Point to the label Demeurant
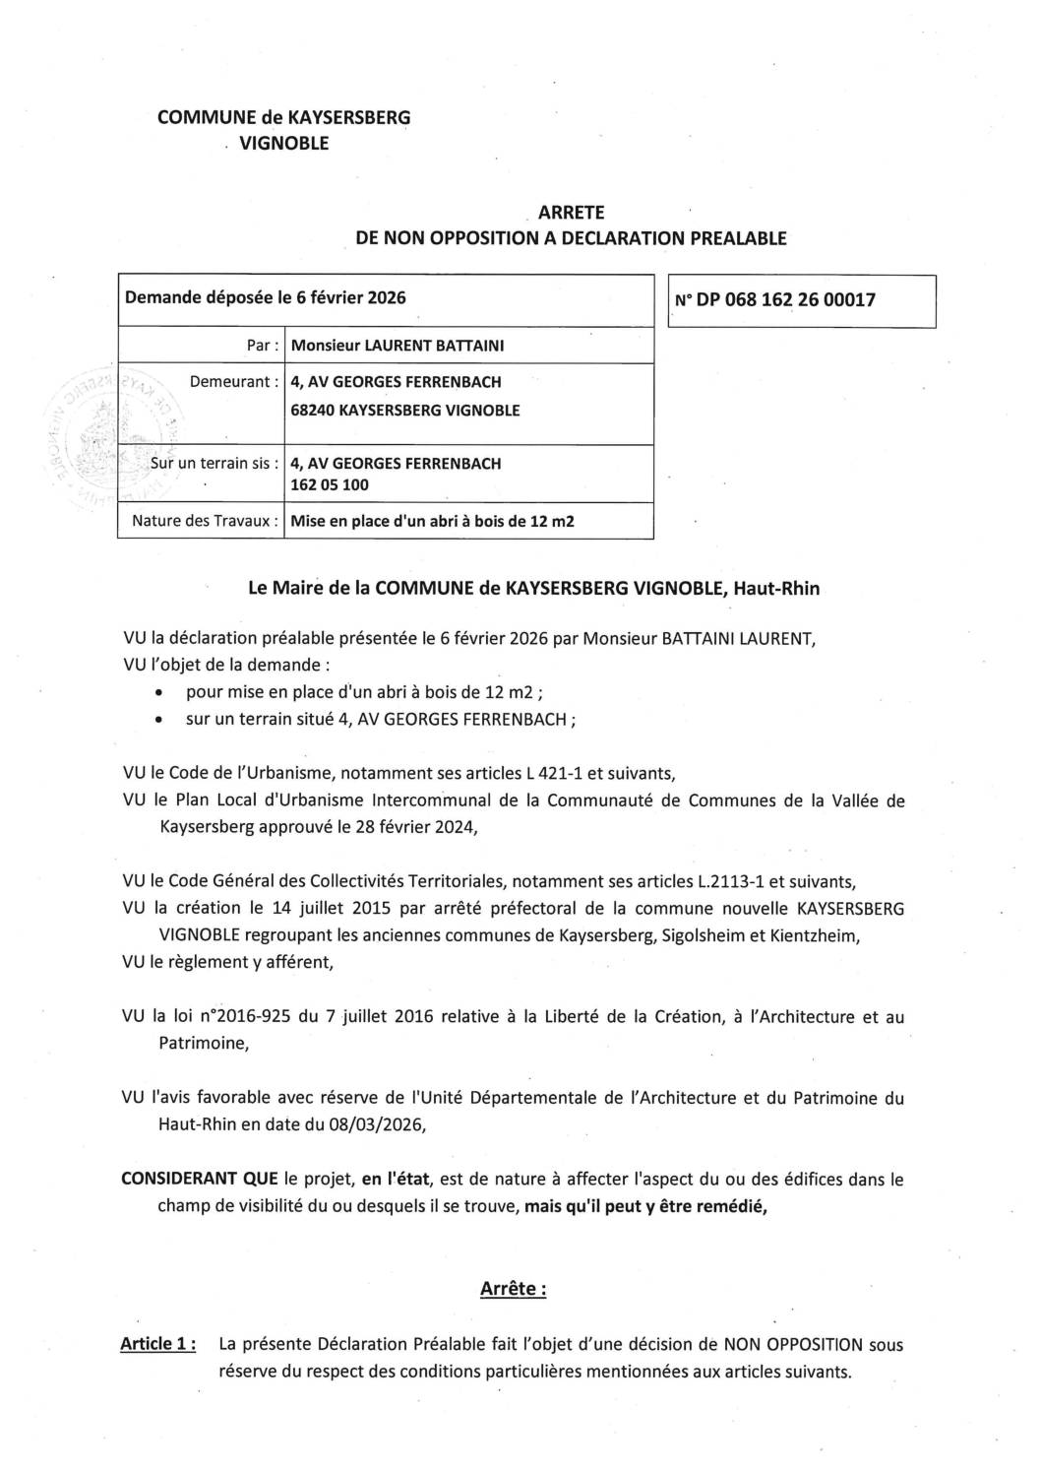click(234, 381)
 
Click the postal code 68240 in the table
click(312, 410)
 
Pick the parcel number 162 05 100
click(330, 484)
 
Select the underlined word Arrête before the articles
click(512, 1288)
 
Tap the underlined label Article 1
click(157, 1343)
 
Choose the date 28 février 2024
click(405, 825)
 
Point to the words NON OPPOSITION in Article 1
click(794, 1343)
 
